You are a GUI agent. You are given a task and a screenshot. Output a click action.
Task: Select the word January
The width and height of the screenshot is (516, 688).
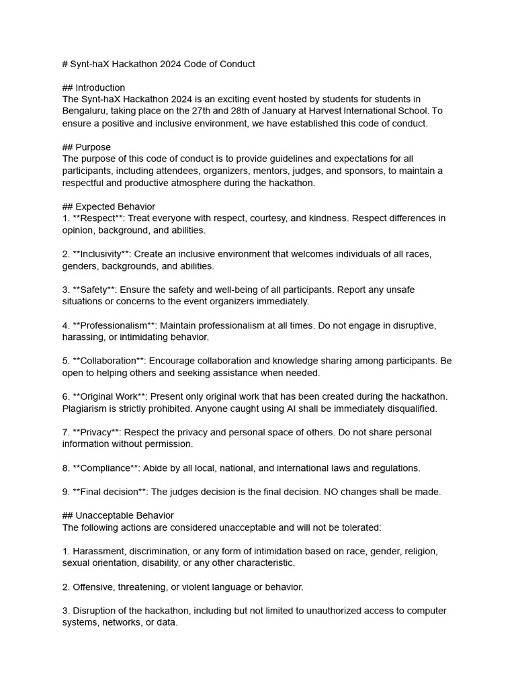295,112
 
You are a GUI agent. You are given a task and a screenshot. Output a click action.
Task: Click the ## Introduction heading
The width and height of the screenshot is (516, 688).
93,87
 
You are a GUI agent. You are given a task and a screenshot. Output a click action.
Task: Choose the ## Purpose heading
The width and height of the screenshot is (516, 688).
87,147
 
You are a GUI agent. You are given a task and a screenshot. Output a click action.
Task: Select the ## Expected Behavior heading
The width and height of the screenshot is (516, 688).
109,206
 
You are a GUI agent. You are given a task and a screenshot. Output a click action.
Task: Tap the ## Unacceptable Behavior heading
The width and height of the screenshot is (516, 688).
118,515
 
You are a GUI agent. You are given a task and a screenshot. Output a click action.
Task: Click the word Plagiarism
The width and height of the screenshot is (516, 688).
86,408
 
